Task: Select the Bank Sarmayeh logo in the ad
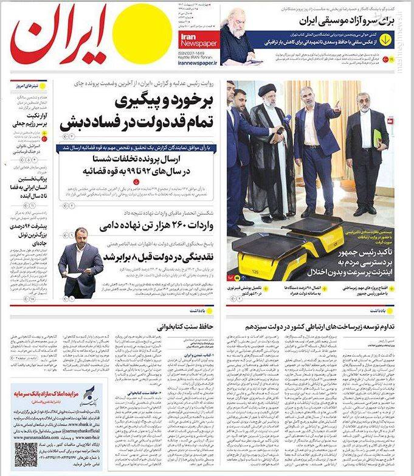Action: [x=88, y=396]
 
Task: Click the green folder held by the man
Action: [x=378, y=138]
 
